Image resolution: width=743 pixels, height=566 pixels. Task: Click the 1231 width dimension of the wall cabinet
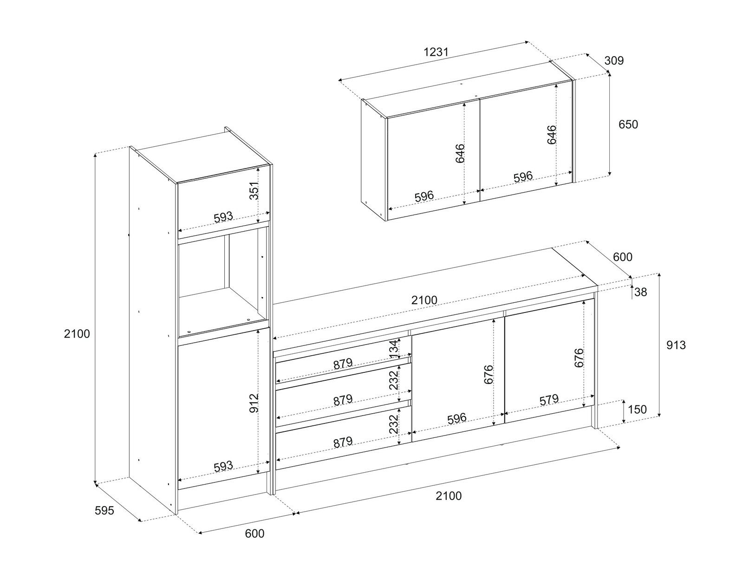coord(436,52)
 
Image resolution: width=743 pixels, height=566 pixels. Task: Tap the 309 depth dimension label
coord(614,60)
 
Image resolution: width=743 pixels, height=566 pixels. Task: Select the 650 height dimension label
coord(628,124)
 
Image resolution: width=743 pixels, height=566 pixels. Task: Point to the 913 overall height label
coord(676,345)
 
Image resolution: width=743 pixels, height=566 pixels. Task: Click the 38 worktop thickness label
coord(640,292)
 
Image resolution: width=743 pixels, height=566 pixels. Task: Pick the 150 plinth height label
coord(637,410)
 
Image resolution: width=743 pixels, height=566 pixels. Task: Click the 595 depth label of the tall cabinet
coord(104,511)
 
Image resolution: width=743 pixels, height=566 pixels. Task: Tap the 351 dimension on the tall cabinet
coord(254,191)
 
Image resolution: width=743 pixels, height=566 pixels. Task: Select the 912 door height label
coord(254,403)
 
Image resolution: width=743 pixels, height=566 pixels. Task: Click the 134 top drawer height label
coord(394,350)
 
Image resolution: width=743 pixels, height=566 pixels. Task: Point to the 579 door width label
coord(549,400)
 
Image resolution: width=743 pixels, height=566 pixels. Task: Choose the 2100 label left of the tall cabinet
coord(77,334)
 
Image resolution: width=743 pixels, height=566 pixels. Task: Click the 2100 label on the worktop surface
coord(424,300)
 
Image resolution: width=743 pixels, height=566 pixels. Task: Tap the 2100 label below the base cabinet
coord(449,496)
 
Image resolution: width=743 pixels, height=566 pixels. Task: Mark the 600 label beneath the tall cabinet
coord(254,534)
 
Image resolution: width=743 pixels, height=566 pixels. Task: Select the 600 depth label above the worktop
coord(623,257)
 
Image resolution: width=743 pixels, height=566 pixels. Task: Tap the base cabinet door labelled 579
coord(549,360)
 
